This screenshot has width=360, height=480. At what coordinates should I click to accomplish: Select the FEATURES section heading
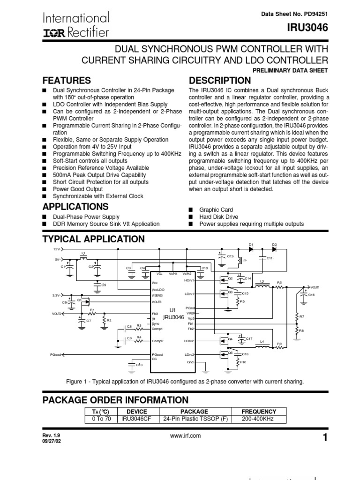coord(67,80)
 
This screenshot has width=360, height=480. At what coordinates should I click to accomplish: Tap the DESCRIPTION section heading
coord(219,80)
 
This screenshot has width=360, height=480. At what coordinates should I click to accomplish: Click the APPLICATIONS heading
coord(76,207)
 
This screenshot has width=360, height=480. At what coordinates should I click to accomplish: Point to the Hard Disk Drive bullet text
coord(218,217)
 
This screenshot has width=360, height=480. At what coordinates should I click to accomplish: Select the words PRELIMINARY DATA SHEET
coord(290,70)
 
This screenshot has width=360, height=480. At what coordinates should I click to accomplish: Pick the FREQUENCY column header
coord(259,411)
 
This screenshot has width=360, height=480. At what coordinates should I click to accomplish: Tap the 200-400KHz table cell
coord(259,419)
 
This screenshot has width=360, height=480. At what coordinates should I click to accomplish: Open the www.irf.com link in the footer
coord(186,436)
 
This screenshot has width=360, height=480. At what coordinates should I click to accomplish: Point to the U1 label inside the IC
coord(172,310)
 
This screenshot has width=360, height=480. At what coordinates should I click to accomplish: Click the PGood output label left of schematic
coord(56,355)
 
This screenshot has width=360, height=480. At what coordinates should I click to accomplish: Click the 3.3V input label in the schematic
coord(56,295)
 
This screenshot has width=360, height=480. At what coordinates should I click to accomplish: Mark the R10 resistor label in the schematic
coord(243,362)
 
